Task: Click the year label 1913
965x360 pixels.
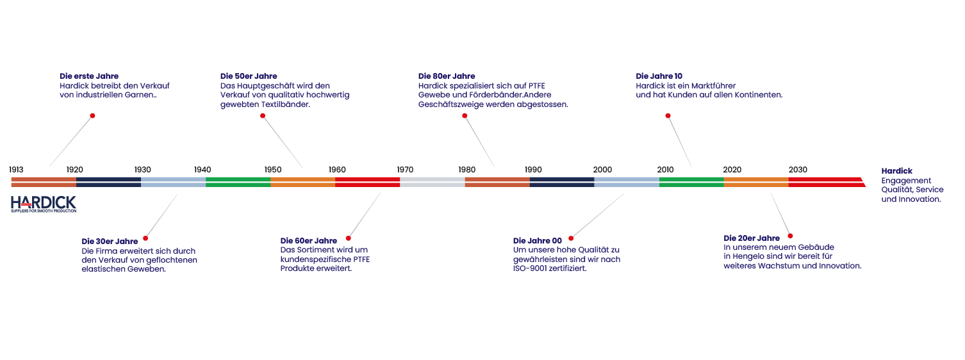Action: coord(17,170)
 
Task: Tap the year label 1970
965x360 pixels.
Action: coord(405,170)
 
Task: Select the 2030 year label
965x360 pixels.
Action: coord(798,170)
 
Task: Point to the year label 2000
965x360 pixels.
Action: coord(602,170)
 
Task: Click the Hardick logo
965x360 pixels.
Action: coord(44,204)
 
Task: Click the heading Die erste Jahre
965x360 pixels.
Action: coord(89,76)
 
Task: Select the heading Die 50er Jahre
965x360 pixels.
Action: coord(249,76)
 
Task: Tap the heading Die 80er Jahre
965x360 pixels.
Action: coord(447,76)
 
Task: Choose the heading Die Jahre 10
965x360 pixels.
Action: coord(659,76)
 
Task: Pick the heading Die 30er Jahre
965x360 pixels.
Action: coord(110,241)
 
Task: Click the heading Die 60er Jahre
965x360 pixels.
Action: coord(309,241)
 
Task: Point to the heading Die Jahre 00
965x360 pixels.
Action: coord(538,241)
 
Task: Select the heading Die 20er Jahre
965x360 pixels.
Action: coord(752,238)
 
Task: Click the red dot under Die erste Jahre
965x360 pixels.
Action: coord(92,116)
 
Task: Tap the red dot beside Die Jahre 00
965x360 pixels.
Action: coord(571,238)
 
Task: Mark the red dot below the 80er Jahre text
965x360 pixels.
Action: coord(465,116)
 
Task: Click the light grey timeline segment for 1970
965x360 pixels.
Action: coord(432,182)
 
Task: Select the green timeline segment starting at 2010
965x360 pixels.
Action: coord(691,182)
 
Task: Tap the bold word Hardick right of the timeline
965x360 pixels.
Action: coord(897,171)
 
